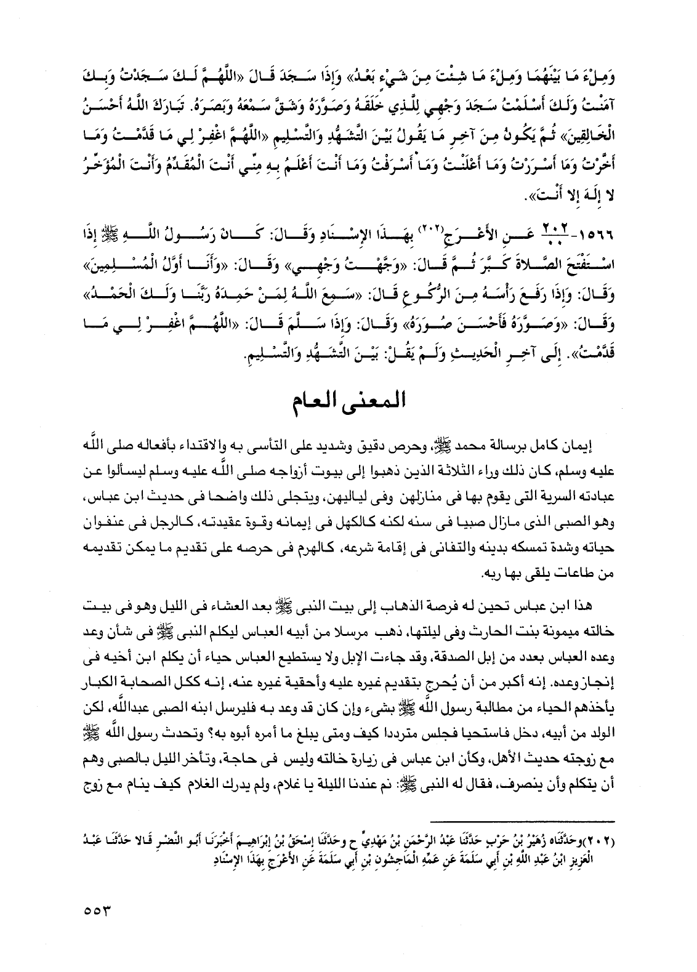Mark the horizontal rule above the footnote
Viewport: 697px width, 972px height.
point(523,821)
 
